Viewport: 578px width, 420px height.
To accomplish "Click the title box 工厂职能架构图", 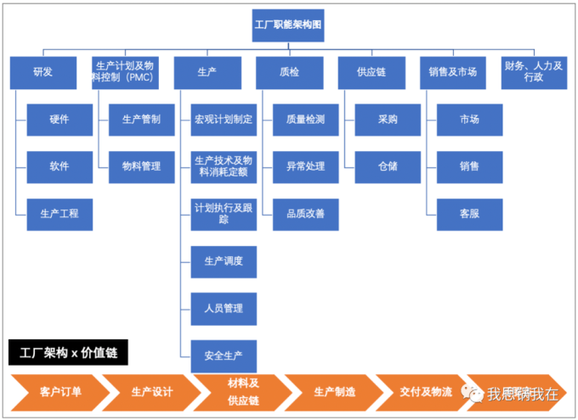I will point(288,25).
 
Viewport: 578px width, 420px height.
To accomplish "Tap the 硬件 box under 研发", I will point(59,120).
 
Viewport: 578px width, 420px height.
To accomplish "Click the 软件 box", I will point(59,166).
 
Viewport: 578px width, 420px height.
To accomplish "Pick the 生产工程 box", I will point(59,214).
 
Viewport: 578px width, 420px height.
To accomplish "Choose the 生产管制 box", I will point(141,120).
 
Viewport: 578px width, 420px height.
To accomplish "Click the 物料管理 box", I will point(141,166).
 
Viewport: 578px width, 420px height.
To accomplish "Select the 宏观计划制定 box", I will point(224,120).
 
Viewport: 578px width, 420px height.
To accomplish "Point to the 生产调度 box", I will point(224,261).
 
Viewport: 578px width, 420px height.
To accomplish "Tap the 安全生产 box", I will point(224,355).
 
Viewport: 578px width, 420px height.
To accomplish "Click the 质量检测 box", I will point(305,120).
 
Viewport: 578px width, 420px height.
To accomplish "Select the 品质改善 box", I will point(305,214).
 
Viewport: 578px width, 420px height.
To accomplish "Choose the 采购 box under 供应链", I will point(388,120).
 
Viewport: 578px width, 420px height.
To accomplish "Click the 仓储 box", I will point(388,166).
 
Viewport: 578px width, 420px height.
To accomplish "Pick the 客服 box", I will point(469,214).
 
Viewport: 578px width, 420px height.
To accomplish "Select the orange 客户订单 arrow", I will point(59,392).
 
